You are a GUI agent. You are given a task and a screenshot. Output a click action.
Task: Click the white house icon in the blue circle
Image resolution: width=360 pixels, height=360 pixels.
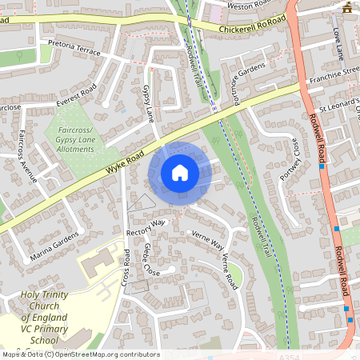tap(180, 172)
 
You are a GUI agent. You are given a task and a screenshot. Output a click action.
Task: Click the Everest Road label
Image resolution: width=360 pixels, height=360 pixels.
tap(76, 95)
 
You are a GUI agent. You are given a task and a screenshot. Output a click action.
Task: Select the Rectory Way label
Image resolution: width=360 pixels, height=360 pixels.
tap(145, 226)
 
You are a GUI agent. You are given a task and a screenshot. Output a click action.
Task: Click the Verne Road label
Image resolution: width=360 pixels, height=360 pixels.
tap(230, 273)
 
